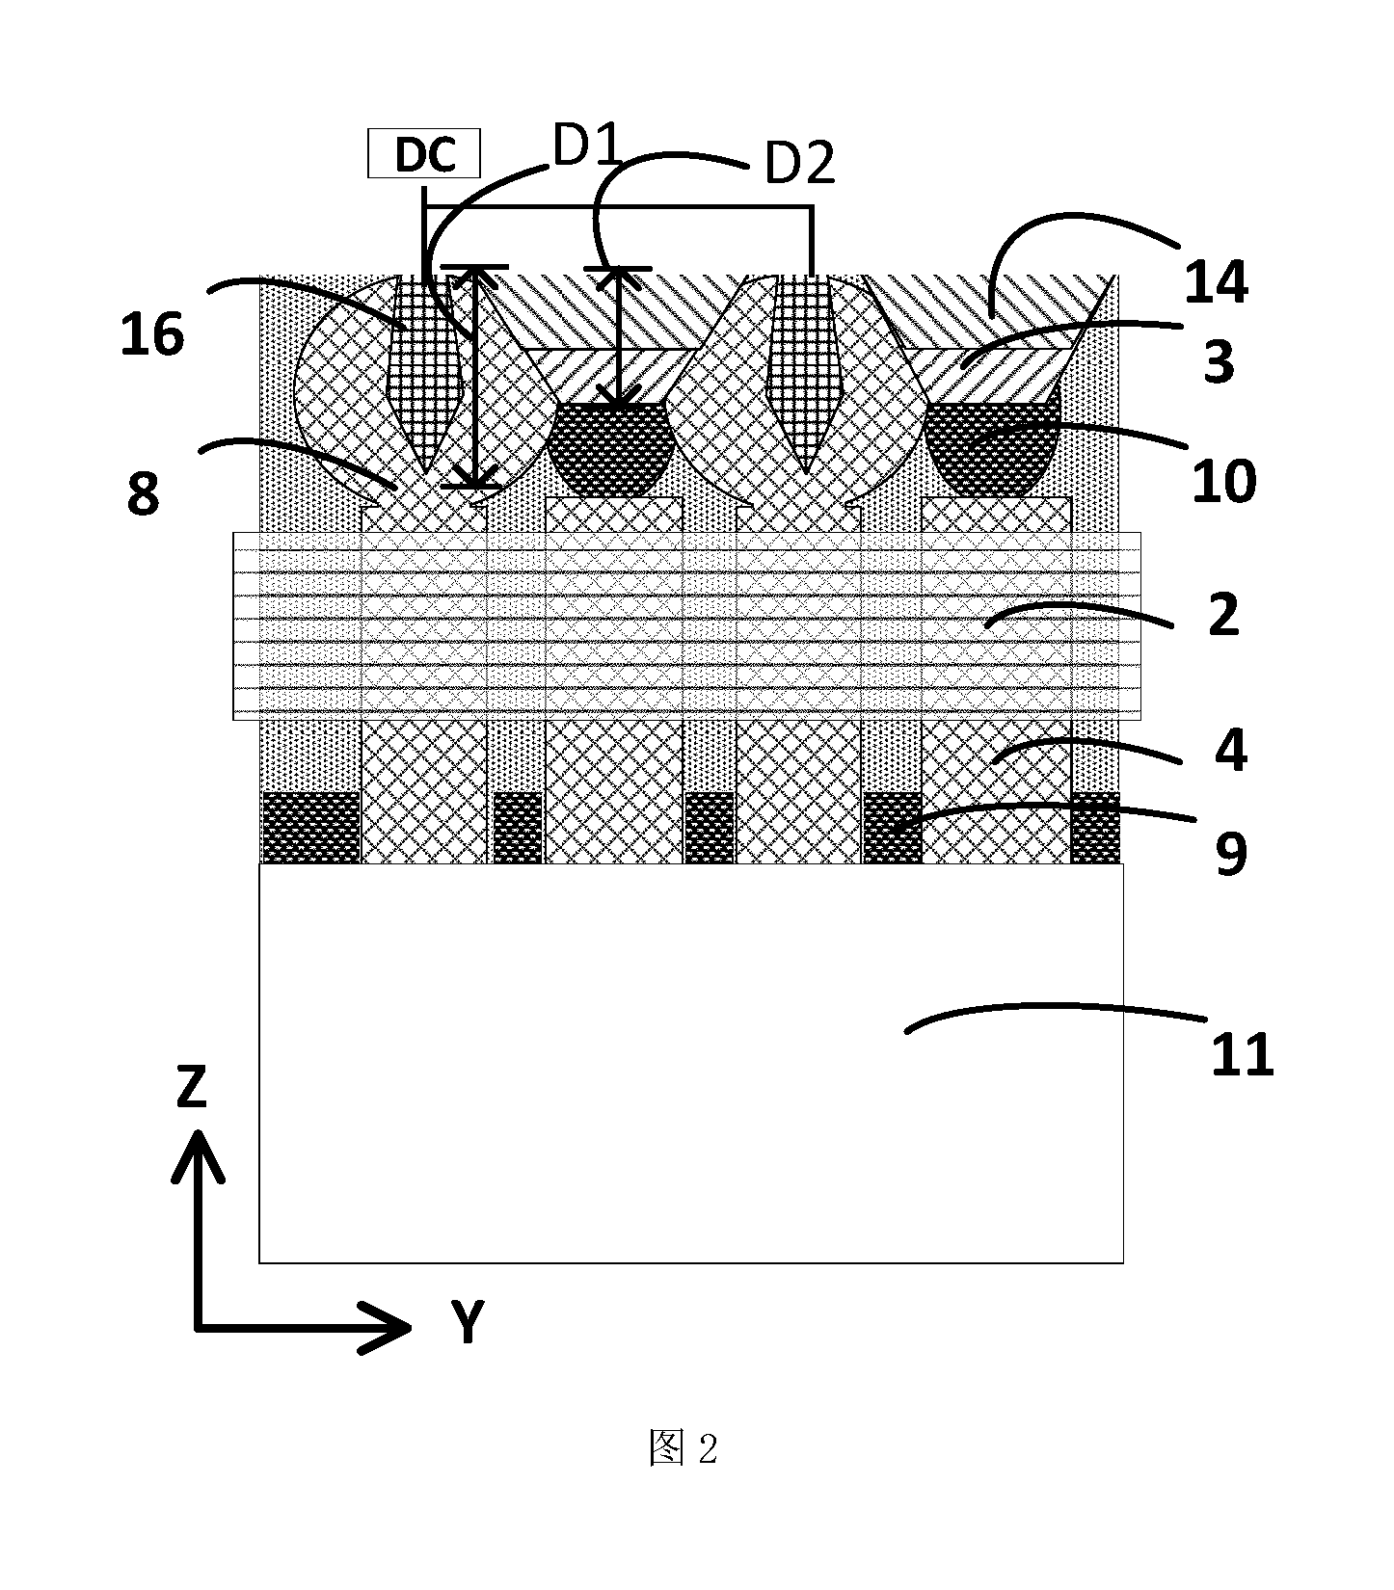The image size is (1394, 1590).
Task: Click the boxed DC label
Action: pyautogui.click(x=424, y=155)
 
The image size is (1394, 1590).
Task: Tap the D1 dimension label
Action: pyautogui.click(x=585, y=149)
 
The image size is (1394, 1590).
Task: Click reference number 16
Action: pyautogui.click(x=151, y=334)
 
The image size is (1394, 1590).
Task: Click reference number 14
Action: pyautogui.click(x=1217, y=281)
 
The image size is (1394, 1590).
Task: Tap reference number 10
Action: pyautogui.click(x=1224, y=481)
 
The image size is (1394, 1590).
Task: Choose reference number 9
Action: pyautogui.click(x=1231, y=853)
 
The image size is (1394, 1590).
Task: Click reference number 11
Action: pyautogui.click(x=1243, y=1054)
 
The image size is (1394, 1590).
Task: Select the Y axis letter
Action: pyautogui.click(x=467, y=1321)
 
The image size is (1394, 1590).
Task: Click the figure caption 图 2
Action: pyautogui.click(x=684, y=1448)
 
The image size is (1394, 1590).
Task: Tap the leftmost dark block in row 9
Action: pyautogui.click(x=310, y=828)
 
